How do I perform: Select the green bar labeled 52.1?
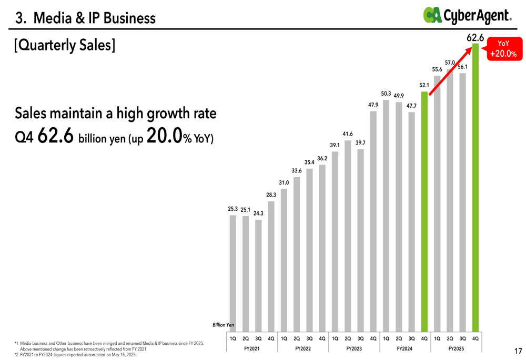(424, 210)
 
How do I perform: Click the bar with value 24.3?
(258, 273)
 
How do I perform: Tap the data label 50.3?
(386, 94)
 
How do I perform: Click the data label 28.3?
(271, 195)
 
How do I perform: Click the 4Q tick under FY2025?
(476, 338)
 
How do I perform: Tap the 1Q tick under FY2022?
(284, 338)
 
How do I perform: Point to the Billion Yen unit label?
(224, 325)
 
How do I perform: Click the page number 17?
(518, 351)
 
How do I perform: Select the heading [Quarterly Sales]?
(65, 46)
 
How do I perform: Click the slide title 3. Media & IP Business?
(86, 19)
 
